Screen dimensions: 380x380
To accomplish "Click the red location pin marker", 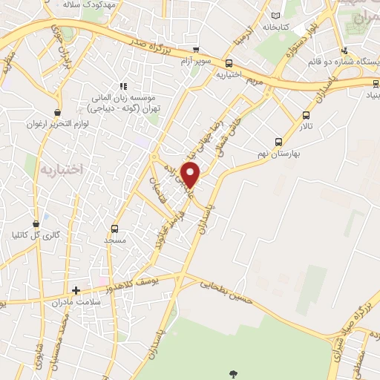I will (x=191, y=174).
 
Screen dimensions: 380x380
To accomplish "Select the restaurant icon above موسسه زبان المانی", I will (x=124, y=87).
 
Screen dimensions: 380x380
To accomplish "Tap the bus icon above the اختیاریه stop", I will (x=229, y=64).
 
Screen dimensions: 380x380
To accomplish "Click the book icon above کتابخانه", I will (x=276, y=16).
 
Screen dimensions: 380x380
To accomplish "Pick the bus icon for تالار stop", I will (x=307, y=115).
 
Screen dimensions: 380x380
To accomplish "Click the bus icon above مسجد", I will (x=114, y=229).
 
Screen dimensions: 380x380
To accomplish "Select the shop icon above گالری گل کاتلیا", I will (x=35, y=223).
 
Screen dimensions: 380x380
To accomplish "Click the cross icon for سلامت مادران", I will (x=76, y=290).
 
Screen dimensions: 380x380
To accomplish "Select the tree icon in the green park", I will (x=234, y=373).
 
